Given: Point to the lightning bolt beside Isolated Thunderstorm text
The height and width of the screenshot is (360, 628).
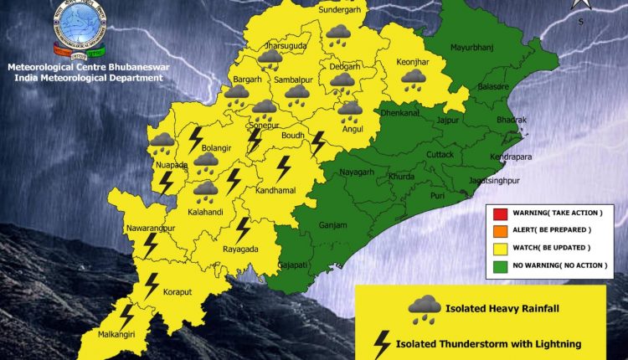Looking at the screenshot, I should click(382, 344).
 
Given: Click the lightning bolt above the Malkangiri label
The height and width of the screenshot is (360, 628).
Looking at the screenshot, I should click(126, 316).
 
